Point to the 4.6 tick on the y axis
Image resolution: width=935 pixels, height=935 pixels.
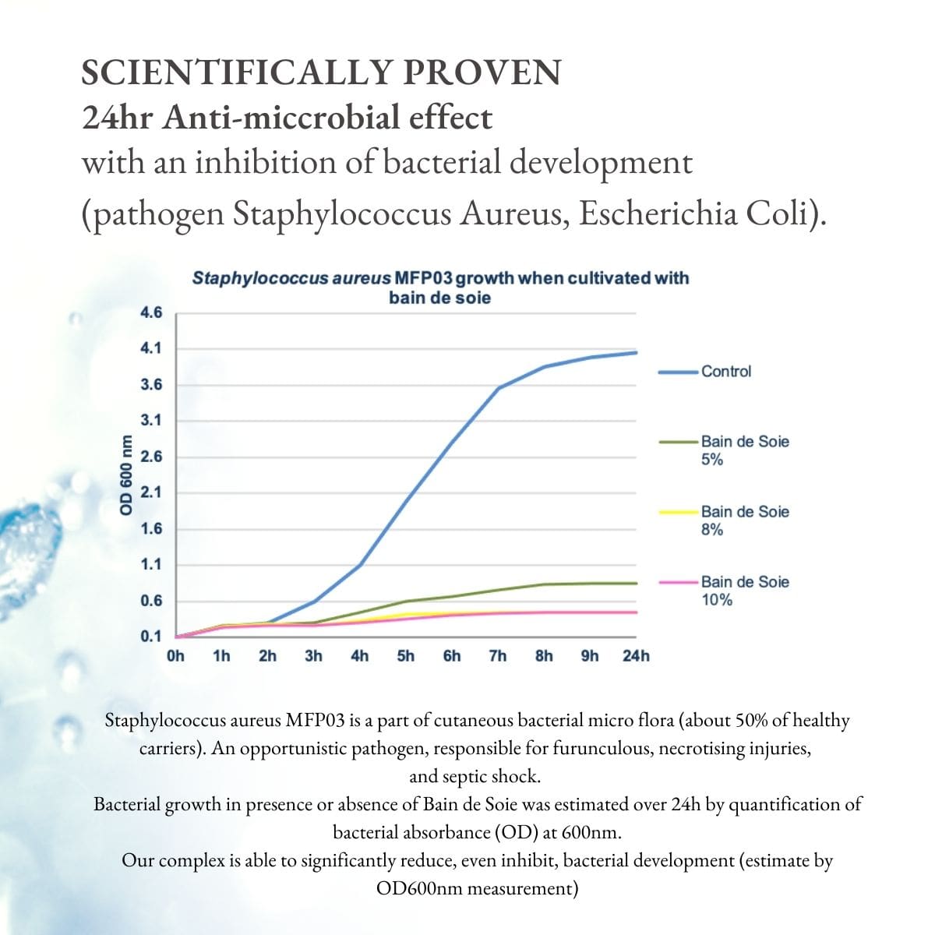tap(151, 313)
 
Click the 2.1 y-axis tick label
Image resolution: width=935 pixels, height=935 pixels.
tap(151, 492)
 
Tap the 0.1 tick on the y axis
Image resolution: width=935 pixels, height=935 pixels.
tap(151, 637)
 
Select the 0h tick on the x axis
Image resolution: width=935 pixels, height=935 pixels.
tap(176, 656)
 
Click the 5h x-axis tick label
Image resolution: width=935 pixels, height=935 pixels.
tap(406, 656)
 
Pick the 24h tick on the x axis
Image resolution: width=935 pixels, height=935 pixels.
tap(636, 656)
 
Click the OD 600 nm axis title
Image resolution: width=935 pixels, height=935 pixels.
tap(125, 483)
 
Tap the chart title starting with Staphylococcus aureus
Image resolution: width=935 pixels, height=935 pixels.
tap(440, 287)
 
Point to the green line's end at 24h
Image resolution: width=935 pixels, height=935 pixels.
tap(637, 583)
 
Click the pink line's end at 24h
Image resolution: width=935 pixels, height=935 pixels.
tap(637, 612)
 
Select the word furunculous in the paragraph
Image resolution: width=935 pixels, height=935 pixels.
tap(602, 749)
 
